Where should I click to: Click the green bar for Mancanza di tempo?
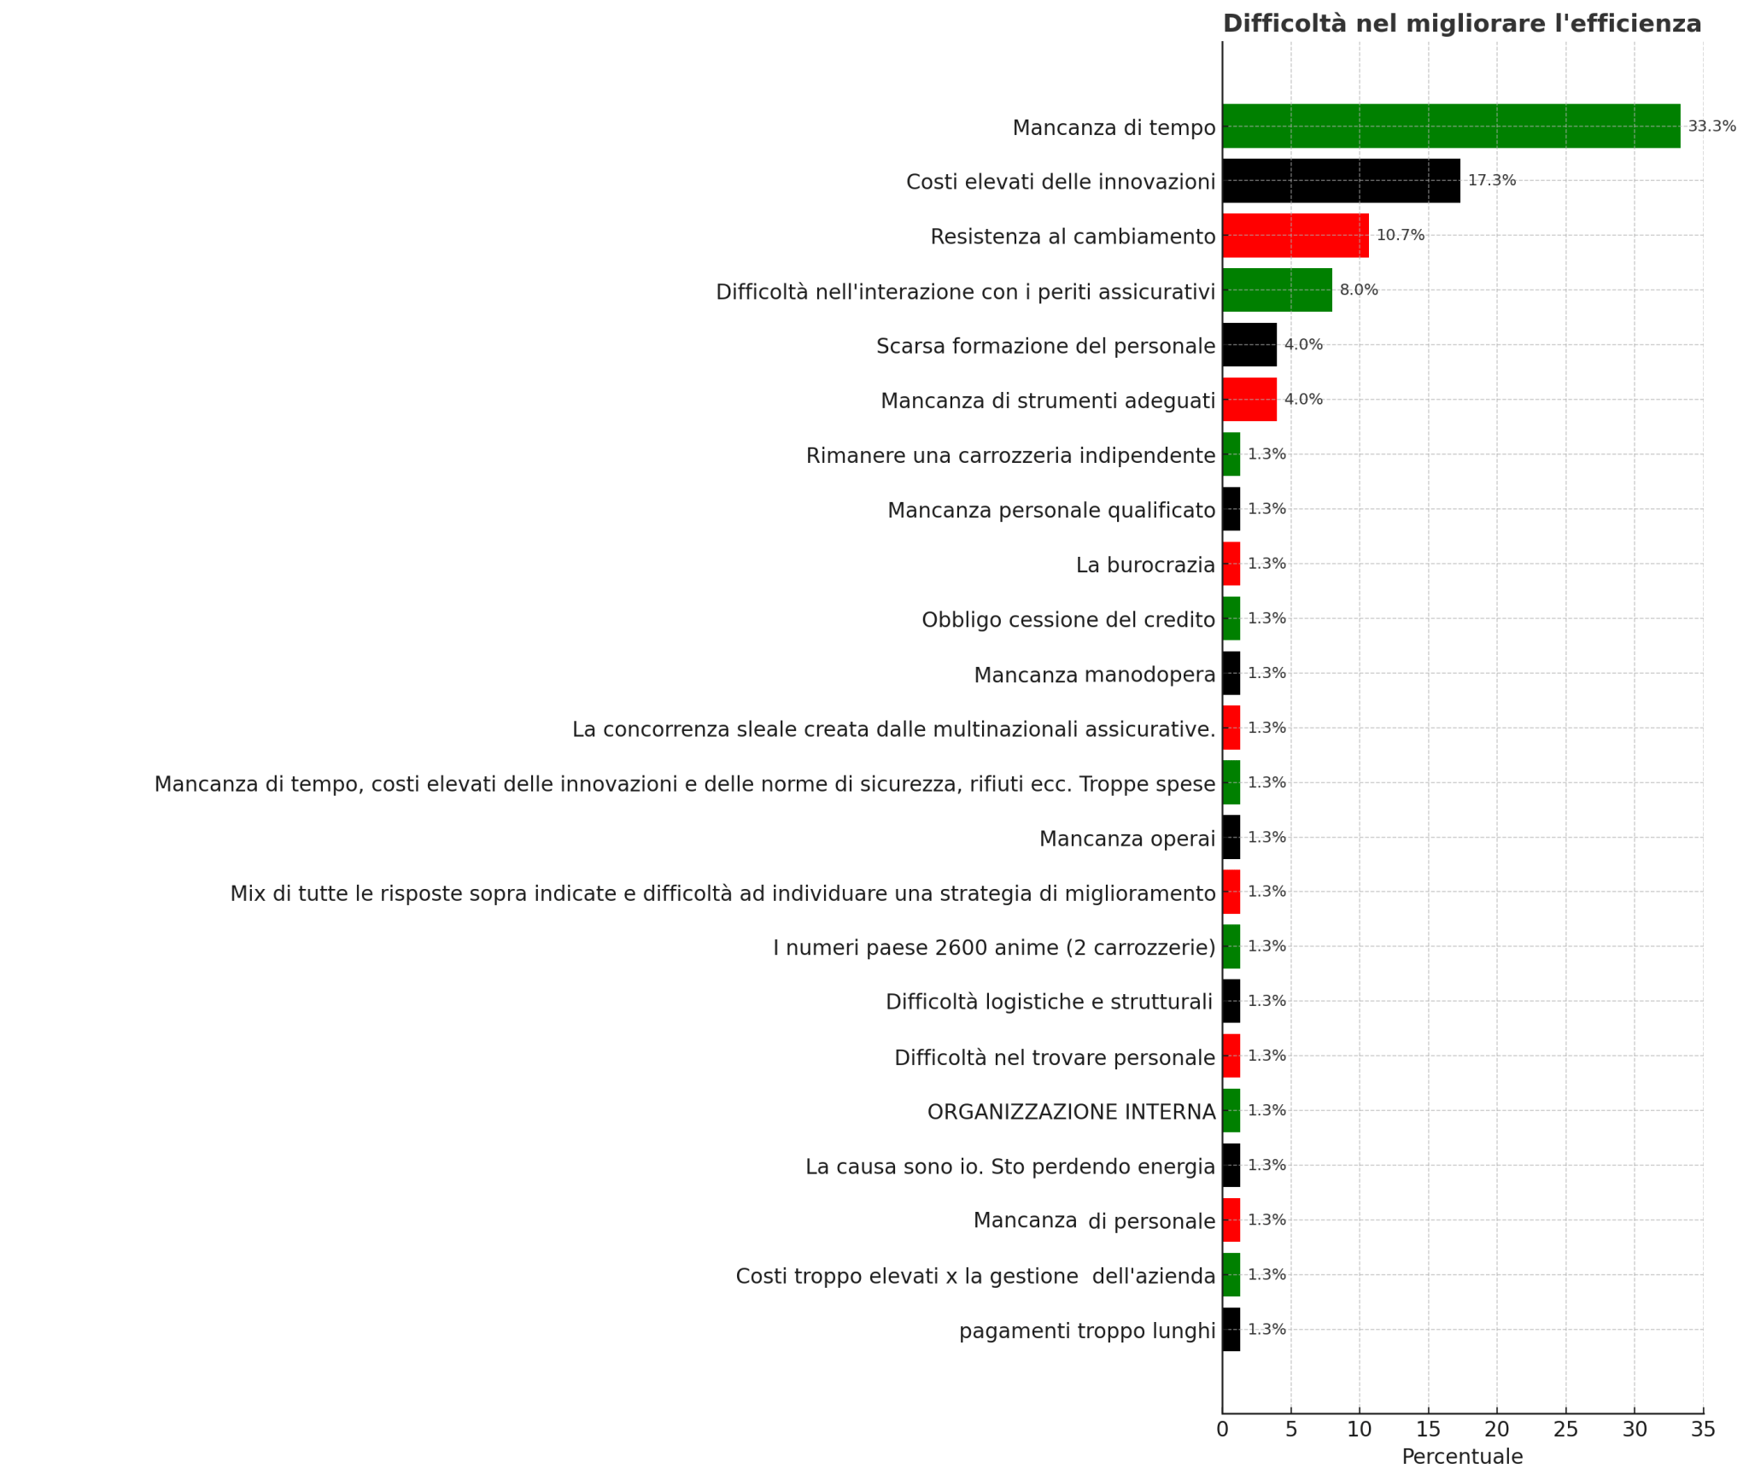pos(1451,126)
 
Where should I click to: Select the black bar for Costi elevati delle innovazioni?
pos(1341,181)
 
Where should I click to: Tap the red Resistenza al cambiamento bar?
pos(1296,236)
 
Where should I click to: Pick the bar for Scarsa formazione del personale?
pos(1249,345)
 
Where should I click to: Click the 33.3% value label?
pos(1711,126)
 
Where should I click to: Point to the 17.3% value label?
pos(1492,181)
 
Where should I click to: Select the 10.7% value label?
pos(1401,236)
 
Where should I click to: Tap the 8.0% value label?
pos(1359,290)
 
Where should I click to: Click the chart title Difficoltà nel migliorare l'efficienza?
pos(1462,24)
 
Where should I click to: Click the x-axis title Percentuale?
pos(1462,1457)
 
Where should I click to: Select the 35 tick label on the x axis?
pos(1703,1429)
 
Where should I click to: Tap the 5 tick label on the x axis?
pos(1291,1429)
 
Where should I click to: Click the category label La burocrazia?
pos(1145,565)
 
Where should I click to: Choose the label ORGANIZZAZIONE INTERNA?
pos(1071,1112)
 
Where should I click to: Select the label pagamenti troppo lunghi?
pos(1087,1331)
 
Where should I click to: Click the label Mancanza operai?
pos(1127,839)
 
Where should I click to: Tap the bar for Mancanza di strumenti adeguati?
pos(1249,400)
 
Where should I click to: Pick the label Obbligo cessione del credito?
pos(1068,620)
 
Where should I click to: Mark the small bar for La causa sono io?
pos(1231,1165)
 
